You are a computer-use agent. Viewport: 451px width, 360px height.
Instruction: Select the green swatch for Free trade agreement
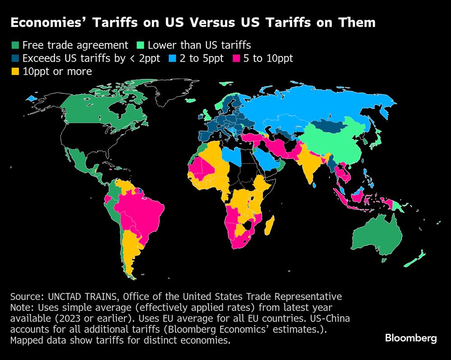(x=15, y=45)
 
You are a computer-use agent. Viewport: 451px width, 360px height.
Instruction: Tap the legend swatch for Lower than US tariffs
(x=140, y=45)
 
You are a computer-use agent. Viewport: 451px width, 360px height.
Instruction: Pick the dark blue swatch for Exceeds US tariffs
(x=15, y=58)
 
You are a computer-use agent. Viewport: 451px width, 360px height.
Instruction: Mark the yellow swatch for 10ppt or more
(x=15, y=71)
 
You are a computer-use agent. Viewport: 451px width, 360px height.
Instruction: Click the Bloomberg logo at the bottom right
(x=411, y=338)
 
